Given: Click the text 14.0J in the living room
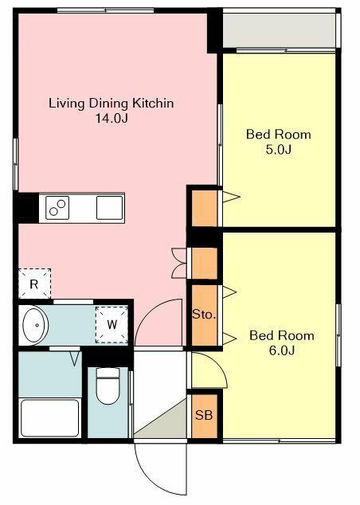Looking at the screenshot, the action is point(112,118).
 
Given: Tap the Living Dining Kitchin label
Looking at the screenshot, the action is point(112,104).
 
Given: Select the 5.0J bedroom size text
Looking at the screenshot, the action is point(279,150).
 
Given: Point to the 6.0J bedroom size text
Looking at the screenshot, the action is point(282,350).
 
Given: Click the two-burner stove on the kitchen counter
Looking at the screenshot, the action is point(57,208).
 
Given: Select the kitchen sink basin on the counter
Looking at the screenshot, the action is point(109,208).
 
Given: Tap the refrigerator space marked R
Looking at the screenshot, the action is point(34,284).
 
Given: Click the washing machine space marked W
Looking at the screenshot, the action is point(112,325).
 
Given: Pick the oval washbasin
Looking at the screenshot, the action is point(35,325).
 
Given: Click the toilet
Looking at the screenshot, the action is point(108,386).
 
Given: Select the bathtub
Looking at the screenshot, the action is point(50,417).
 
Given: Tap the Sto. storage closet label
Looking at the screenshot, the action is point(204,314).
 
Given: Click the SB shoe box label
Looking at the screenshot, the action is point(204,415).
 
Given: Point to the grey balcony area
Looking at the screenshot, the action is point(280,30).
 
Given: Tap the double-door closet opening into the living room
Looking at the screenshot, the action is point(179,263).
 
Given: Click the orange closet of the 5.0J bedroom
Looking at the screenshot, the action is point(205,209).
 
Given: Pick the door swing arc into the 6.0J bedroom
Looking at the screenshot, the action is point(220,364).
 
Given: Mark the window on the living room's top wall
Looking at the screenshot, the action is point(106,10).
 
